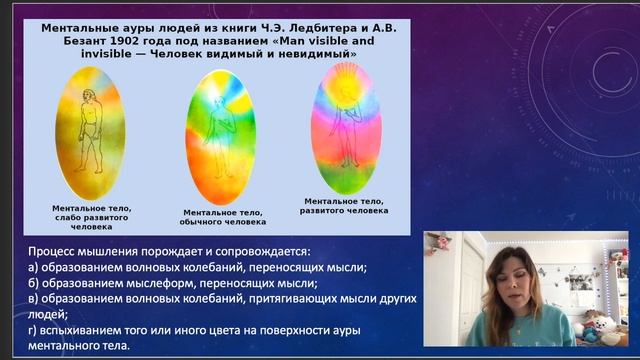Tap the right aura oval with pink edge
coord(346,130)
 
